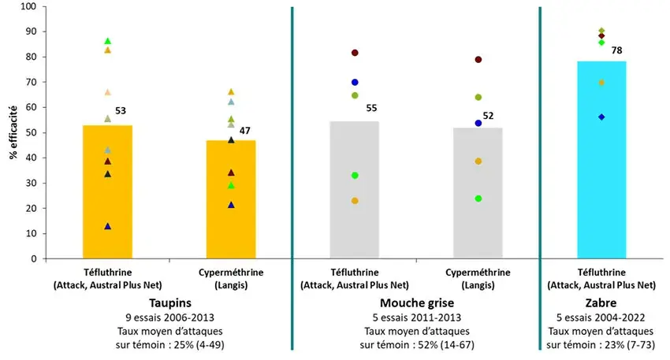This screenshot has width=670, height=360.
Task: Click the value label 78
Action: coord(616,50)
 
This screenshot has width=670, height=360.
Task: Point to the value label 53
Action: coord(121,111)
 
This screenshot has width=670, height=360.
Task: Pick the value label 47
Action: coord(245,130)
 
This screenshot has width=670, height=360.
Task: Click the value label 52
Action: coord(489,116)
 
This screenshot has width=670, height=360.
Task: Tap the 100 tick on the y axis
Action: coord(30,6)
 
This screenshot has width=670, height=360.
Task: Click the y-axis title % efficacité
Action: coord(13,132)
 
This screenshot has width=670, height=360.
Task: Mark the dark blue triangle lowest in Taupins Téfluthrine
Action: coord(108,226)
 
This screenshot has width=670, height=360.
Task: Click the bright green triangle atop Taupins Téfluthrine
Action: coord(108,41)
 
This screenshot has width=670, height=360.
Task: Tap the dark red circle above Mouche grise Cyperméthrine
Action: coord(478,60)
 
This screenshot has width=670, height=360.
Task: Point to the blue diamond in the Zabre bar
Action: coord(601,117)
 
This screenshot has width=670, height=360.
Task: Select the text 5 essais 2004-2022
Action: coord(601,317)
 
